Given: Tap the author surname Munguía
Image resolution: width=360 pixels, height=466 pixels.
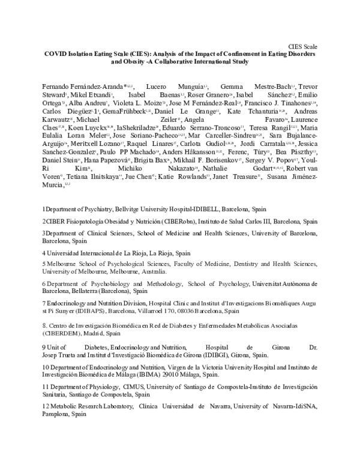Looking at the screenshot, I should [174, 87].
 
